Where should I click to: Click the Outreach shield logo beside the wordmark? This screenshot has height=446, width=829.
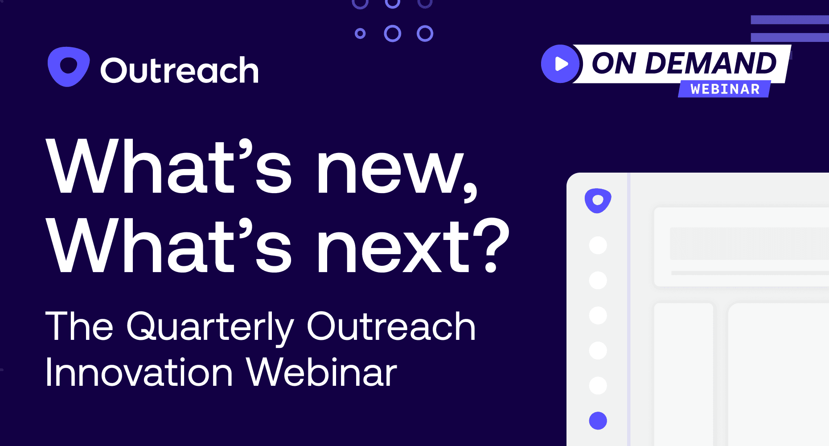click(69, 66)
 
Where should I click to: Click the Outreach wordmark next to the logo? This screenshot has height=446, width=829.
click(180, 70)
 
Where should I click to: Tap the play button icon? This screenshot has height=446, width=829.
click(560, 64)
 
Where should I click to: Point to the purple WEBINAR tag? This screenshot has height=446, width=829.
click(725, 89)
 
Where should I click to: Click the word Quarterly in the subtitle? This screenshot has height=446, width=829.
click(210, 328)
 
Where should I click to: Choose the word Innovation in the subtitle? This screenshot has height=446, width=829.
click(139, 372)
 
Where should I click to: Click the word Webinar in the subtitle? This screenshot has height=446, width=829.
click(321, 372)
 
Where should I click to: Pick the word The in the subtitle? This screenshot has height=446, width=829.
click(79, 326)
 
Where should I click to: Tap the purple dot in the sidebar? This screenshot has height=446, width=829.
click(598, 421)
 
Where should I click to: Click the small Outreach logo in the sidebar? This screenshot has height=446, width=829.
click(598, 201)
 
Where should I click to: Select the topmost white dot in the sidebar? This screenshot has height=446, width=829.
click(598, 245)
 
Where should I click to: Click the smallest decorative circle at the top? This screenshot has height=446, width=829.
click(360, 33)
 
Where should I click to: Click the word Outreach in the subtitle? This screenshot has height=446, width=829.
click(391, 326)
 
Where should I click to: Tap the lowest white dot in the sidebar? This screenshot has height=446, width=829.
click(598, 385)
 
